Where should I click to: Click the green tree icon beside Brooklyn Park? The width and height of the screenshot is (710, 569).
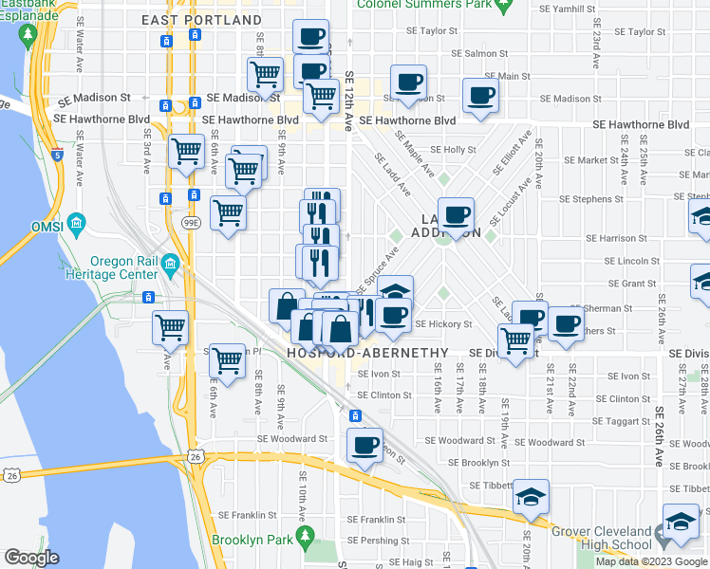[305, 538]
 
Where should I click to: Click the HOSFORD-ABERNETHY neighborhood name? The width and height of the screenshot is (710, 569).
[366, 352]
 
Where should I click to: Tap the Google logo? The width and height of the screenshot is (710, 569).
[32, 558]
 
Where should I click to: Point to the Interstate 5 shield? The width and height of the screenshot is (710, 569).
[58, 155]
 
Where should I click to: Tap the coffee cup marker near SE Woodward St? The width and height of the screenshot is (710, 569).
[364, 444]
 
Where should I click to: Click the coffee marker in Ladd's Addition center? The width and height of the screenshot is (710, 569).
[456, 215]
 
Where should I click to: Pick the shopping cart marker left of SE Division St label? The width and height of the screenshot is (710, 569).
[515, 340]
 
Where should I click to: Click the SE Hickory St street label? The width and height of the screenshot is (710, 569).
[443, 324]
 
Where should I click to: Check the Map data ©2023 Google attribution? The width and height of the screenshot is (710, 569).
[651, 561]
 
